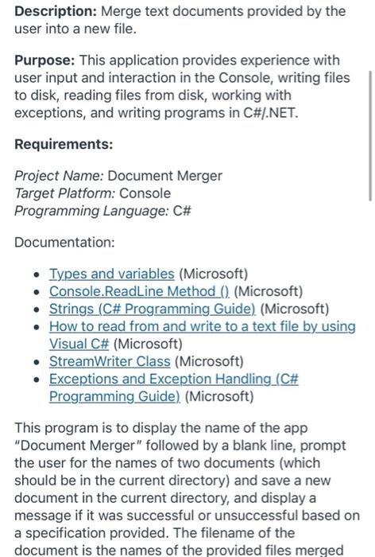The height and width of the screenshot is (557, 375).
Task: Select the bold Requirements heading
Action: tap(64, 144)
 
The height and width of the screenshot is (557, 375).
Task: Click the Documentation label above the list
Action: tap(64, 241)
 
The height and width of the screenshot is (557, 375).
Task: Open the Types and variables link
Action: tap(111, 275)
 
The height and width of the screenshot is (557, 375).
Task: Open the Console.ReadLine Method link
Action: tap(140, 291)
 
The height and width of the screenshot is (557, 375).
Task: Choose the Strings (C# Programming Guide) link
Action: tap(153, 309)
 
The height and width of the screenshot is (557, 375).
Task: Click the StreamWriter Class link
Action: tap(110, 361)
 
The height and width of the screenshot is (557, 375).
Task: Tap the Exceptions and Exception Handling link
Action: tap(174, 379)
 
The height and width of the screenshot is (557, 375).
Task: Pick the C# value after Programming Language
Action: tap(182, 211)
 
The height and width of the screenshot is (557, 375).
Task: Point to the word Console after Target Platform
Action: tap(145, 193)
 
